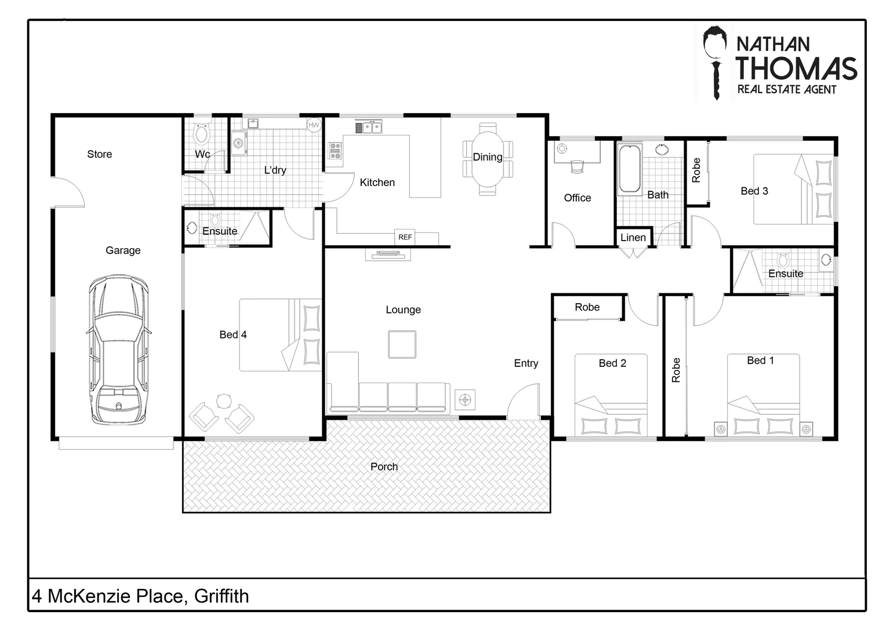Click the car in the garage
pos(119,351)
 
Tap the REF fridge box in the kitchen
pos(405,237)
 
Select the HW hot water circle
pos(314,125)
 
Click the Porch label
pos(384,467)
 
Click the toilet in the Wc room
pos(202,134)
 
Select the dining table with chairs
pos(488,159)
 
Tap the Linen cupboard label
pos(633,238)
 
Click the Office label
pos(578,198)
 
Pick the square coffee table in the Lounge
pos(402,344)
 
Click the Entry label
pos(526,363)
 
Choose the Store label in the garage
pos(99,154)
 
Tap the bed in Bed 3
pos(793,189)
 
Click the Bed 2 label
pos(612,363)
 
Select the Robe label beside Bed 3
pos(696,170)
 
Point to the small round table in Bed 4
pos(224,401)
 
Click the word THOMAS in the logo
pos(796,68)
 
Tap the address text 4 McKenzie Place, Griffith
pos(141,596)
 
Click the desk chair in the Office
pos(576,166)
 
